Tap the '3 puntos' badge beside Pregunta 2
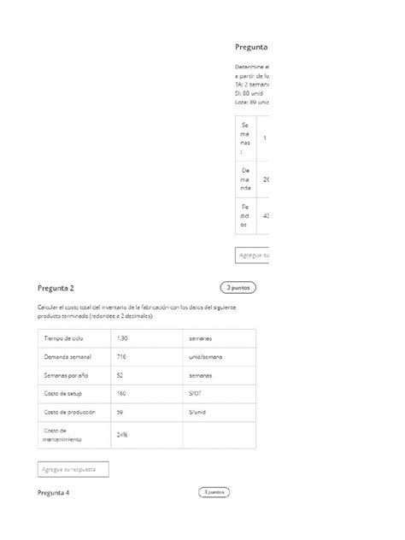coord(238,288)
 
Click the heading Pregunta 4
coord(53,493)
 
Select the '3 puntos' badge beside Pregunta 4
coord(214,492)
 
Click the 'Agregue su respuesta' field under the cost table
coord(73,469)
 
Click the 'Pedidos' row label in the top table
coord(245,216)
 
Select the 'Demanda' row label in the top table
coord(245,179)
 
